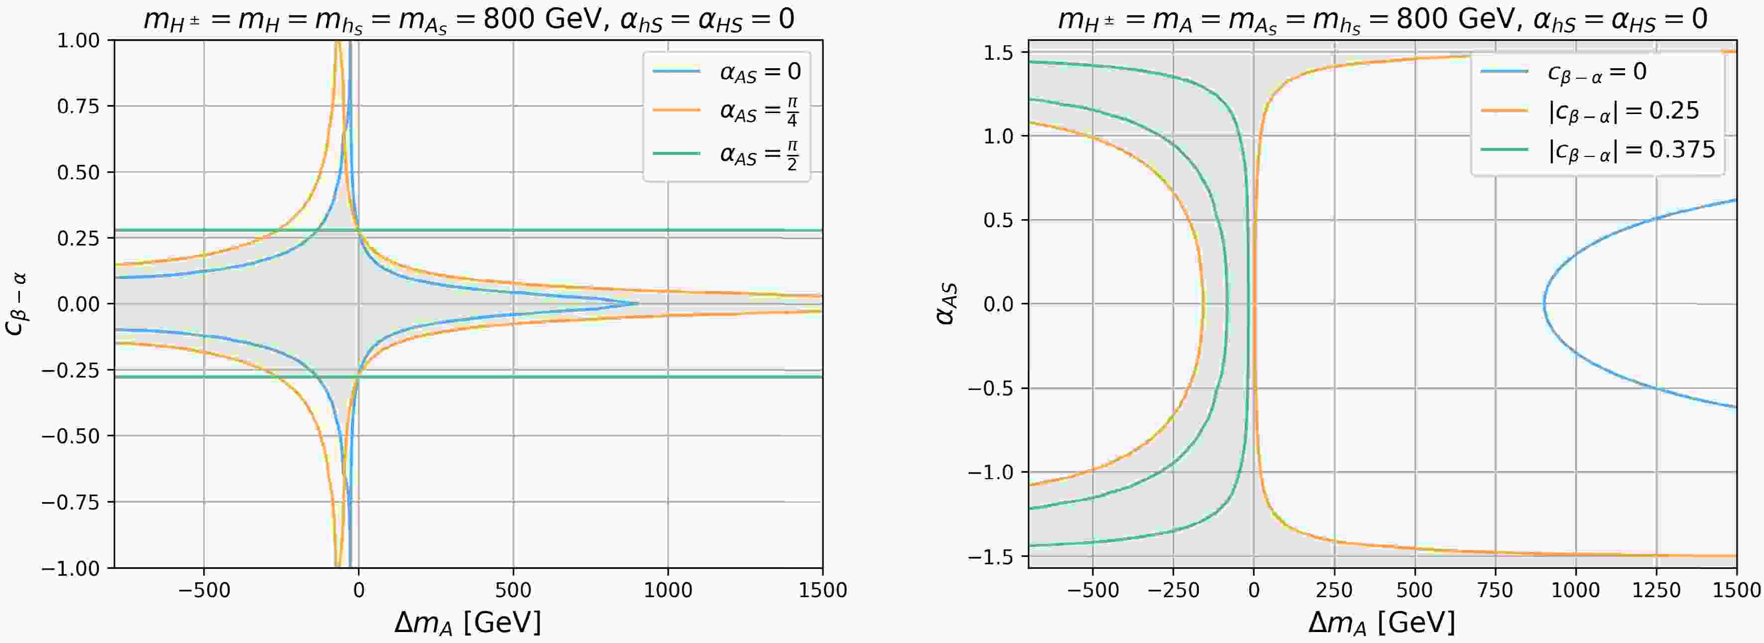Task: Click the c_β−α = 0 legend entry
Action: tap(1596, 71)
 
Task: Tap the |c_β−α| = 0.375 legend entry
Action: tap(1630, 149)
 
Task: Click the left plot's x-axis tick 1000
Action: tap(668, 590)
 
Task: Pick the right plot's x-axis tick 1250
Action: tap(1656, 590)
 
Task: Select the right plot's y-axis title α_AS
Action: tap(948, 305)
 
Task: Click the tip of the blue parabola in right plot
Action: tap(1544, 304)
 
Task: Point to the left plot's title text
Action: tap(469, 19)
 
